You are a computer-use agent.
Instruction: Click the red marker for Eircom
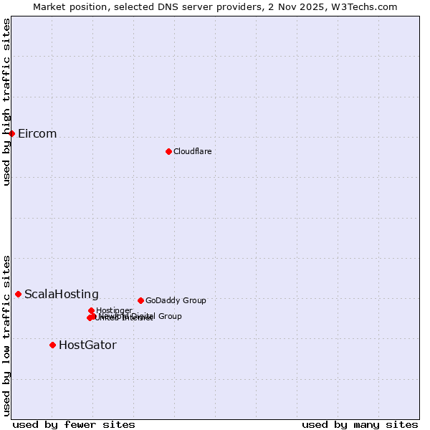click(x=12, y=133)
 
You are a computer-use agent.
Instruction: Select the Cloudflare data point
click(x=168, y=151)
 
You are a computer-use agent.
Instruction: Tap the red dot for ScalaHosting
click(x=19, y=294)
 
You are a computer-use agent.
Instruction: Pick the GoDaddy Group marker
click(x=140, y=300)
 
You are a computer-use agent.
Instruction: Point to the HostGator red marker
click(x=52, y=345)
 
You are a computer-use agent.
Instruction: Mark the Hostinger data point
click(x=92, y=310)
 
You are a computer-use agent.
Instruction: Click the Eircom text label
click(x=37, y=134)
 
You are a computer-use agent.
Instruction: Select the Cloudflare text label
click(x=192, y=151)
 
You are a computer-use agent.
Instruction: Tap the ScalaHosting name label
click(x=62, y=295)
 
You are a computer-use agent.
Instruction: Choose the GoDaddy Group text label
click(x=176, y=300)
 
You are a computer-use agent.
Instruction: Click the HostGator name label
click(x=87, y=345)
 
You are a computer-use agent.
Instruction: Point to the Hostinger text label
click(x=114, y=310)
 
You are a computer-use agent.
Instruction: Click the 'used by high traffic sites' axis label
click(x=6, y=102)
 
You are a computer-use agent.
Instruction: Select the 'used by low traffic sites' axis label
click(x=6, y=335)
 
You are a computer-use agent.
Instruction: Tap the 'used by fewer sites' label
click(x=74, y=425)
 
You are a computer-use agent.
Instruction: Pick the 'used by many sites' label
click(x=360, y=425)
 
